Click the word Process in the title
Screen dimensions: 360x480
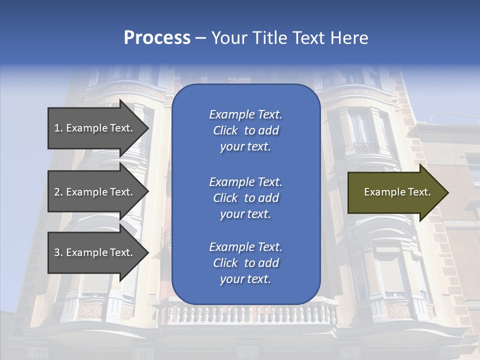(x=157, y=38)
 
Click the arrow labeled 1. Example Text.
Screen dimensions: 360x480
(x=95, y=128)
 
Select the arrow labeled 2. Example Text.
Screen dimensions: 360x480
(x=95, y=192)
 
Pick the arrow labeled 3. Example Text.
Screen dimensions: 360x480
(x=95, y=252)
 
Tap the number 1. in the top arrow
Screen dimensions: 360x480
(x=58, y=128)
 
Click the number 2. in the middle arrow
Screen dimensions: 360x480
(x=58, y=192)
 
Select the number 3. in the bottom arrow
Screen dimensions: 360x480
(x=58, y=252)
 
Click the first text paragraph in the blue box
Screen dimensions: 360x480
(x=245, y=130)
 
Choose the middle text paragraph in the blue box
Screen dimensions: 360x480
(x=245, y=198)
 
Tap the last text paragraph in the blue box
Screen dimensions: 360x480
(x=245, y=263)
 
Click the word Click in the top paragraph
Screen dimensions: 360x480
(x=225, y=130)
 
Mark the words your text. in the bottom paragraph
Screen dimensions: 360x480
(x=245, y=279)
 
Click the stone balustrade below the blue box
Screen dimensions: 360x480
(x=245, y=315)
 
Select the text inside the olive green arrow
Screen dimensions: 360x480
(x=397, y=192)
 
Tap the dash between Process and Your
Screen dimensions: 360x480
(x=200, y=38)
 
